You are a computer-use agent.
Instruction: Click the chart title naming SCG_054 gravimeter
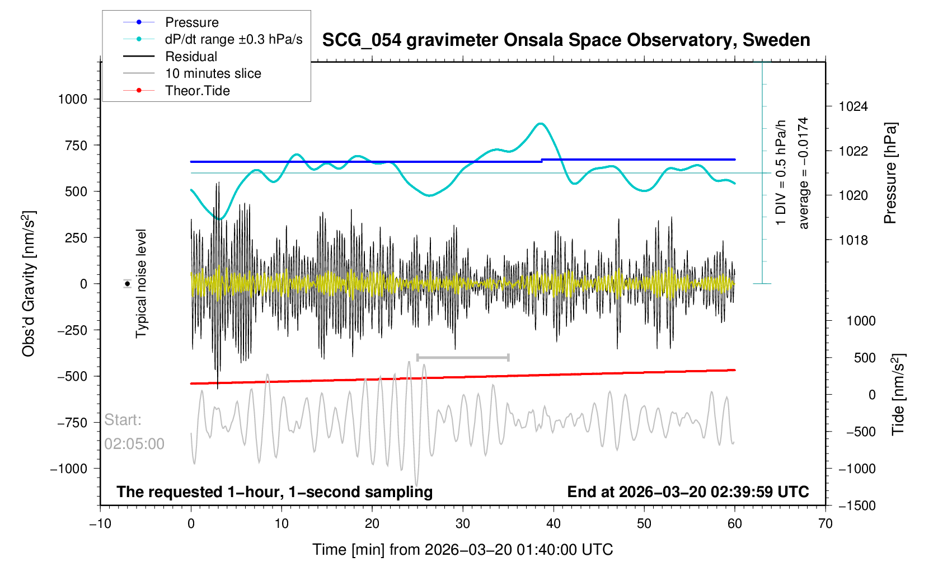pyautogui.click(x=566, y=40)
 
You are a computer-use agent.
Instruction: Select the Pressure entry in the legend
pyautogui.click(x=191, y=22)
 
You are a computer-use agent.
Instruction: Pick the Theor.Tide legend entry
pyautogui.click(x=197, y=91)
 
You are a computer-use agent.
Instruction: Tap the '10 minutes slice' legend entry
pyautogui.click(x=213, y=73)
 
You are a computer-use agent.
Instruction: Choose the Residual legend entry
pyautogui.click(x=191, y=57)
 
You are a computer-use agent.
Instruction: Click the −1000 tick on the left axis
pyautogui.click(x=69, y=469)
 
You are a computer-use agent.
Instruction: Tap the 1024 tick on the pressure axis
pyautogui.click(x=853, y=106)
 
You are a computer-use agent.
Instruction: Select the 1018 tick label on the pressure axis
pyautogui.click(x=853, y=240)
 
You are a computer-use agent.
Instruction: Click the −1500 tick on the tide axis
pyautogui.click(x=856, y=506)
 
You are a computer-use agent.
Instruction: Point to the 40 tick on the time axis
pyautogui.click(x=554, y=524)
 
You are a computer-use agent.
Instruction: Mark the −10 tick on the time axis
pyautogui.click(x=100, y=524)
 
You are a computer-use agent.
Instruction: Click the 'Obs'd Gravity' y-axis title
pyautogui.click(x=29, y=284)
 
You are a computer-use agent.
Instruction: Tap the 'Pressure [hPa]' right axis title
pyautogui.click(x=890, y=173)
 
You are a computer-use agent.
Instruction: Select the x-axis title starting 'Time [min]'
pyautogui.click(x=462, y=550)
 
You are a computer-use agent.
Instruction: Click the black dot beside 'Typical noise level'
pyautogui.click(x=128, y=284)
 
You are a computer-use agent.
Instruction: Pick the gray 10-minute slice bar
pyautogui.click(x=463, y=357)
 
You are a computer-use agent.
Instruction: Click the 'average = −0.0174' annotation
pyautogui.click(x=804, y=173)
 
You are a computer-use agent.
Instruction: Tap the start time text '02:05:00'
pyautogui.click(x=134, y=444)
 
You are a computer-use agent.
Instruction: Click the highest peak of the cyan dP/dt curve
pyautogui.click(x=540, y=124)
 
